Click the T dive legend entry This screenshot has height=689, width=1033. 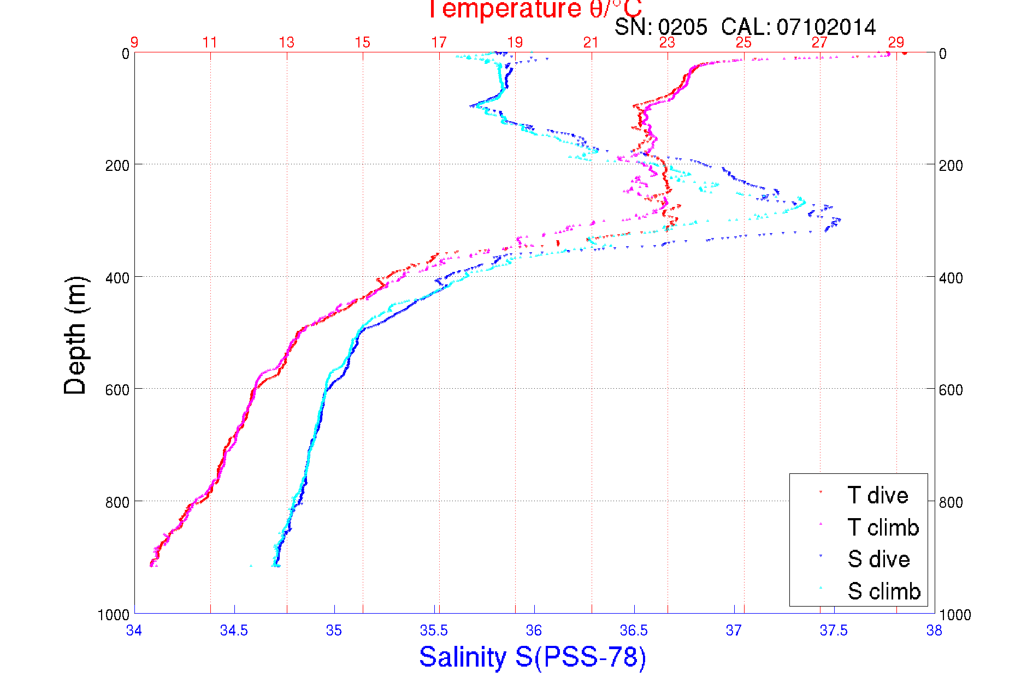pos(877,495)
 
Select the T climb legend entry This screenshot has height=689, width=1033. pos(883,527)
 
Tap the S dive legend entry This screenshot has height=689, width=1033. pos(878,559)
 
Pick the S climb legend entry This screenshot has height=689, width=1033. pos(884,591)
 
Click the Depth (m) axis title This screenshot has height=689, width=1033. pos(75,335)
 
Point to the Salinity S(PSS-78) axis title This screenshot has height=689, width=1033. pos(533,657)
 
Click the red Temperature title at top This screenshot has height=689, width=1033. pos(534,9)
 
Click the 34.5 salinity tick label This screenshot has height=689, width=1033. pos(234,631)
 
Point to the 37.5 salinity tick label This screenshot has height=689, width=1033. pos(834,631)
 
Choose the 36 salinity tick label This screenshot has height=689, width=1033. pos(534,631)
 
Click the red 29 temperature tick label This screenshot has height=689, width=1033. pos(896,43)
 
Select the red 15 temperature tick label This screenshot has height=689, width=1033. pos(362,43)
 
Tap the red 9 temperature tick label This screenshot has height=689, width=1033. pos(134,43)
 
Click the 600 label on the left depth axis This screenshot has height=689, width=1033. pos(117,390)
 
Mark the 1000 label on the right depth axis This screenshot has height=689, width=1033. pos(955,615)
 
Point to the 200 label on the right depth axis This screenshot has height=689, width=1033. pos(951,165)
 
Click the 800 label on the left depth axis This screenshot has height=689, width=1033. pos(117,502)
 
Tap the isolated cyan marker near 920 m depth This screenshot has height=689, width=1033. pos(251,566)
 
